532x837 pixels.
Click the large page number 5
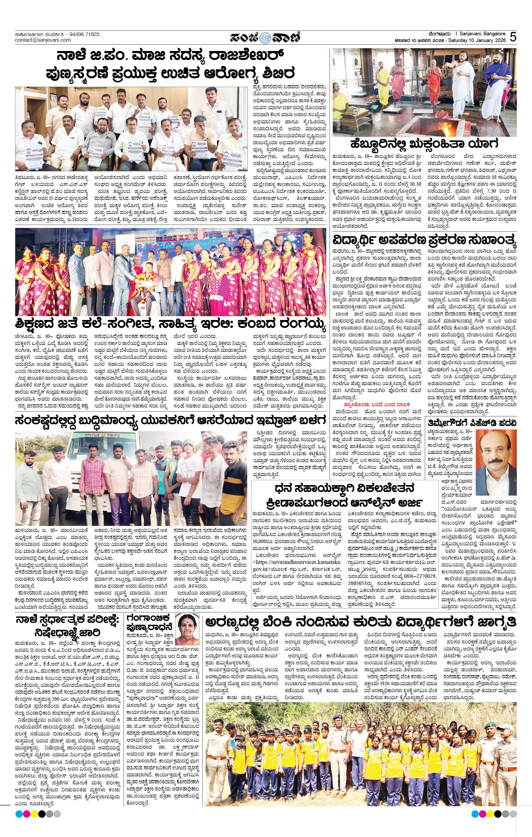[x=513, y=37]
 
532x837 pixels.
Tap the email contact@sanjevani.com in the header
[x=43, y=40]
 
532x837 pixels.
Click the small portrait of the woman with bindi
[x=188, y=629]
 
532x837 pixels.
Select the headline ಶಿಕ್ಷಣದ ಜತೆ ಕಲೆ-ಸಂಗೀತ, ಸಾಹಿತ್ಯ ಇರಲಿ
[x=170, y=325]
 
